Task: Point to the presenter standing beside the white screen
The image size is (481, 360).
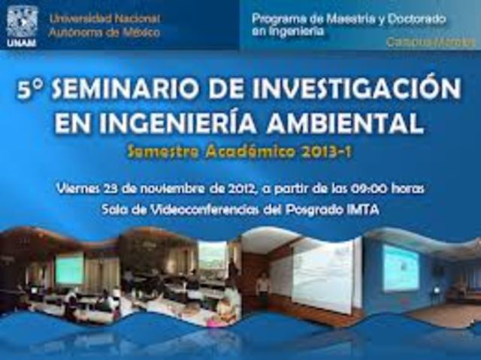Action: (262, 290)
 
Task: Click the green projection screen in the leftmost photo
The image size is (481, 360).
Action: (69, 268)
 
